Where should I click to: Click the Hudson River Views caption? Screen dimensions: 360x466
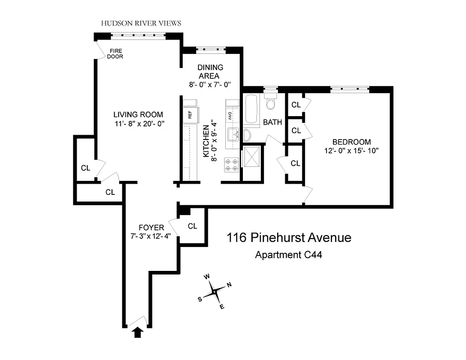pos(141,23)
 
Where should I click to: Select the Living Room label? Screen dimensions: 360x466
pos(138,114)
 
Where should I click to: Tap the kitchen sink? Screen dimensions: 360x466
pos(233,134)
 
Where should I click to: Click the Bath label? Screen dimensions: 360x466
pos(272,122)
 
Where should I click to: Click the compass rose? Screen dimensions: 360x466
pos(215,292)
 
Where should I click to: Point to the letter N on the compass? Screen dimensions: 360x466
pos(229,284)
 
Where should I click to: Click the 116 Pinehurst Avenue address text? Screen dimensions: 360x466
pos(288,237)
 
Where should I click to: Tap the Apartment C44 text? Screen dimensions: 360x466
pos(288,255)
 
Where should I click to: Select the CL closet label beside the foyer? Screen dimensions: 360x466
pos(193,226)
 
